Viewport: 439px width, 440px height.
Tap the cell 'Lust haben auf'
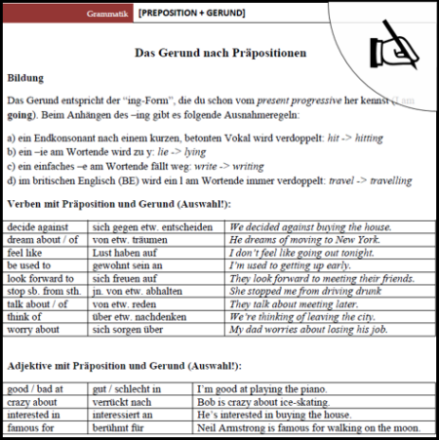(125, 253)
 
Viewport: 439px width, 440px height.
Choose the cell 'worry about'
(34, 329)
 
